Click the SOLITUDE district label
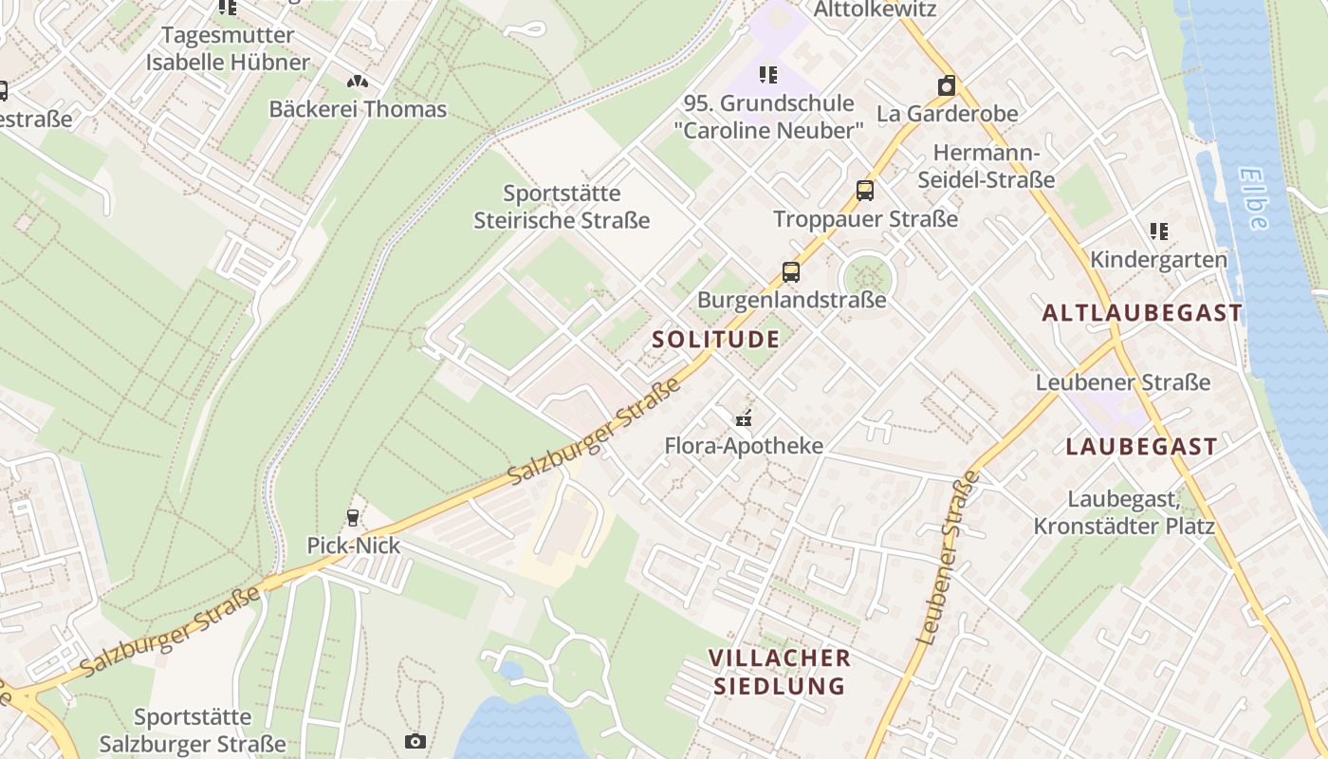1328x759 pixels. pos(716,340)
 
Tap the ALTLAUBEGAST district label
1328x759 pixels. pos(1142,313)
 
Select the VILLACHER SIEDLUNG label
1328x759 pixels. pos(779,672)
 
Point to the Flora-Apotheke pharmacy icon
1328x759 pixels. pos(744,417)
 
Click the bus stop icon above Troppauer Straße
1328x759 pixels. pos(865,191)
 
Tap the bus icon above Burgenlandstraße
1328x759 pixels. pos(791,273)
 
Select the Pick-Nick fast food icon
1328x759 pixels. pos(353,517)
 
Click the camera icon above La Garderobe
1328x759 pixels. pos(946,86)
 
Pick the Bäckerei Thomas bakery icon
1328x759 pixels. pos(358,83)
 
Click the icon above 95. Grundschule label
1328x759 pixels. pos(768,75)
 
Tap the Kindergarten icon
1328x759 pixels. pos(1158,231)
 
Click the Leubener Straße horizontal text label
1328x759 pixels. pos(1123,382)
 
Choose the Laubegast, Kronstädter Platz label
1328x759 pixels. pos(1124,512)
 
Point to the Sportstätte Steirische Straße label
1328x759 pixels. pos(562,207)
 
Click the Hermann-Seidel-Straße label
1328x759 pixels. pos(987,166)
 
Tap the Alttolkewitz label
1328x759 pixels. pos(876,9)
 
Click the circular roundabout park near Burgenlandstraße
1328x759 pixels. pos(867,278)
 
